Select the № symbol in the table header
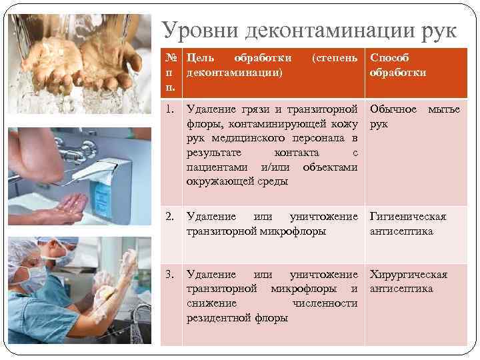pos(171,58)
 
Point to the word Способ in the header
pos(390,58)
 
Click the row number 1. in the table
pos(171,109)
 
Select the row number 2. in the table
pos(171,217)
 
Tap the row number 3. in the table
pos(171,274)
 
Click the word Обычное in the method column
pos(393,109)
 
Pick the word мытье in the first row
pos(443,109)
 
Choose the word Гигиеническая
pos(408,217)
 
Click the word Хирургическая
pos(408,274)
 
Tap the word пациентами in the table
pos(214,167)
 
